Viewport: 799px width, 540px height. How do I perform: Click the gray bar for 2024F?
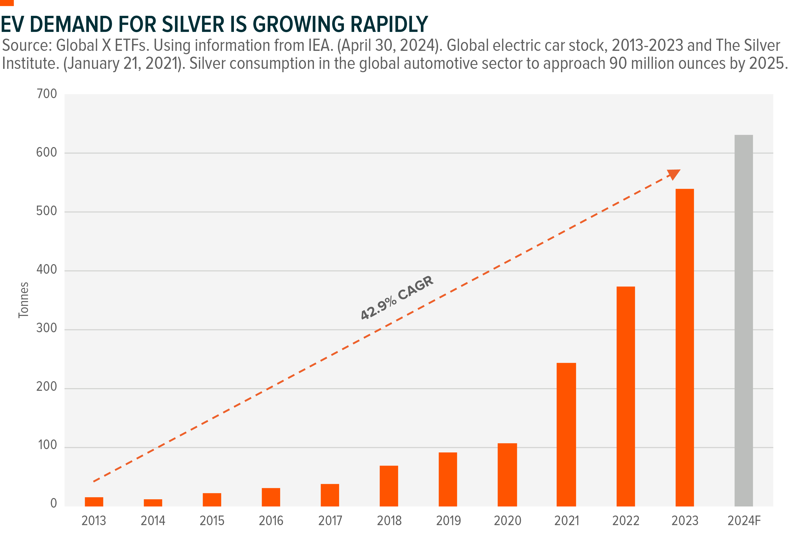pyautogui.click(x=743, y=320)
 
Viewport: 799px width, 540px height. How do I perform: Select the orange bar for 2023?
pyautogui.click(x=684, y=347)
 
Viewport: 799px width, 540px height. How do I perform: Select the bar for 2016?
pyautogui.click(x=271, y=497)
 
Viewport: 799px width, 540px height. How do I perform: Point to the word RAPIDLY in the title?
pyautogui.click(x=389, y=24)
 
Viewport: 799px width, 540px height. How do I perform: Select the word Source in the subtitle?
pyautogui.click(x=26, y=45)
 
